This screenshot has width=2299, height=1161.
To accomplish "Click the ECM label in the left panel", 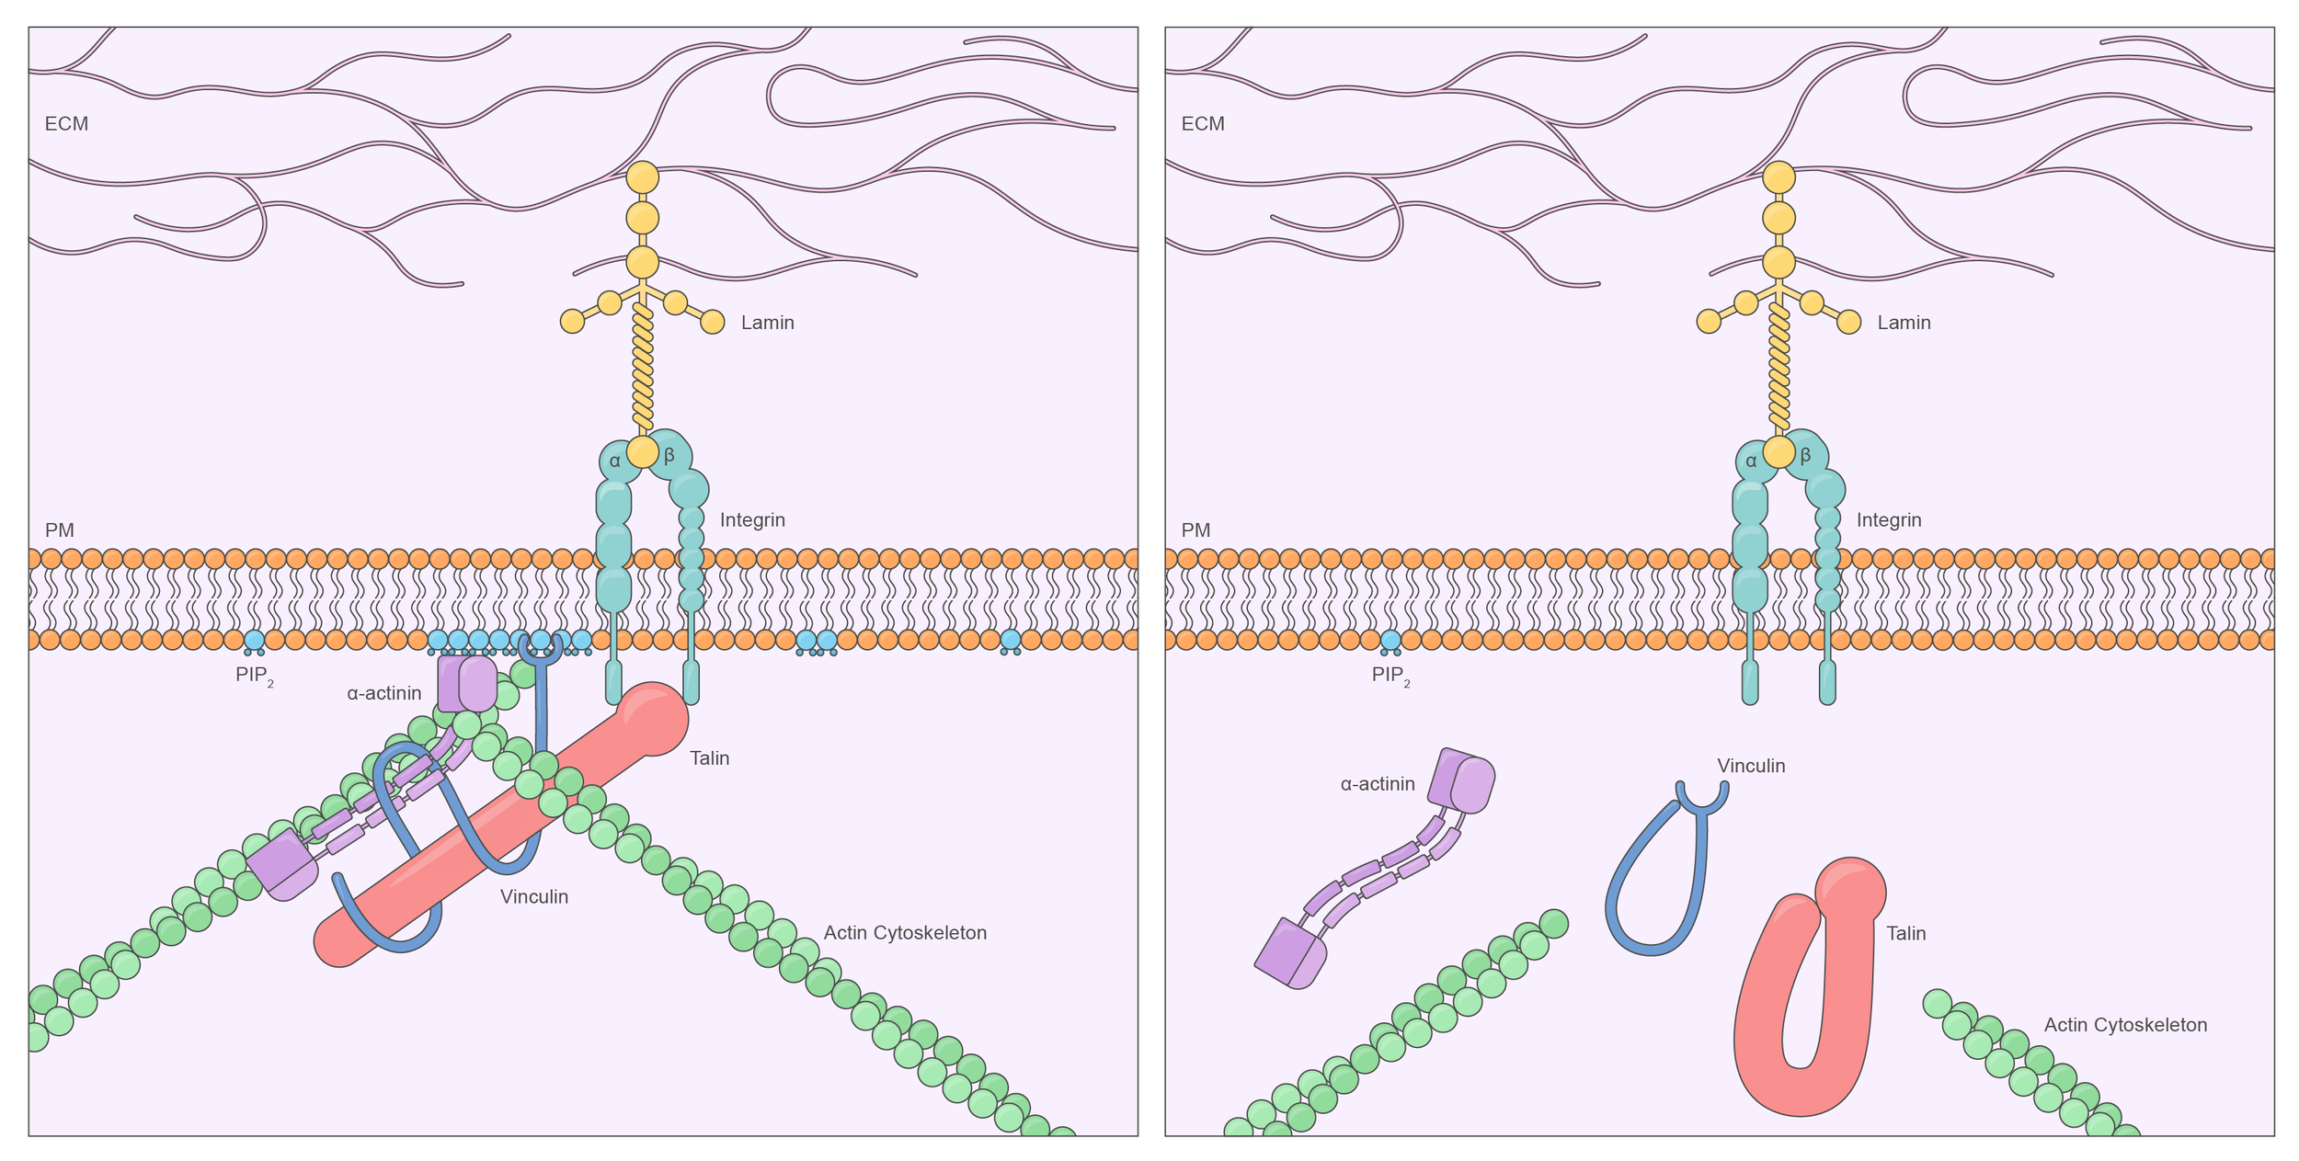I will [66, 124].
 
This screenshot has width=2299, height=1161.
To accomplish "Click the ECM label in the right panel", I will [1203, 124].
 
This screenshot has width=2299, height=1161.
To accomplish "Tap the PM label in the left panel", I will [60, 530].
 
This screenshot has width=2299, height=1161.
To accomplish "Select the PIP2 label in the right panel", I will [1390, 676].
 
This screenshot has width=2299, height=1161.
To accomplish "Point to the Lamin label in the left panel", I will [768, 323].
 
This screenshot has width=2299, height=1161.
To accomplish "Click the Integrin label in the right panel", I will [1889, 520].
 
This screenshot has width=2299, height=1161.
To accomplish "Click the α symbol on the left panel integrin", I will [615, 461].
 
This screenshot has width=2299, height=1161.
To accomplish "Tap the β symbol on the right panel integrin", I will [1806, 455].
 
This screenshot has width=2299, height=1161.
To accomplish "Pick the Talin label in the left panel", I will [709, 758].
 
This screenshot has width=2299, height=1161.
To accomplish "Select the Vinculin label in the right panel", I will [1751, 766].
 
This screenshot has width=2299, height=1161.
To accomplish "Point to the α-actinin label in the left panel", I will [384, 693].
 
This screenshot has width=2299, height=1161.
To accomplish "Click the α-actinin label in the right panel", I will [1378, 784].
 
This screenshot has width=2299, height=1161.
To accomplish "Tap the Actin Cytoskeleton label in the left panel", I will [905, 933].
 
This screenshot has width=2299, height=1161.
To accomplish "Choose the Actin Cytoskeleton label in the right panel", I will [2125, 1025].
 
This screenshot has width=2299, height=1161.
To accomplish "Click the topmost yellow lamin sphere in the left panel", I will [643, 177].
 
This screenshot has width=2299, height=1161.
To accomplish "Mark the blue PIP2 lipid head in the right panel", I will [1390, 640].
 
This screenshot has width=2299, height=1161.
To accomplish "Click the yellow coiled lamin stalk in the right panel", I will [1779, 368].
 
